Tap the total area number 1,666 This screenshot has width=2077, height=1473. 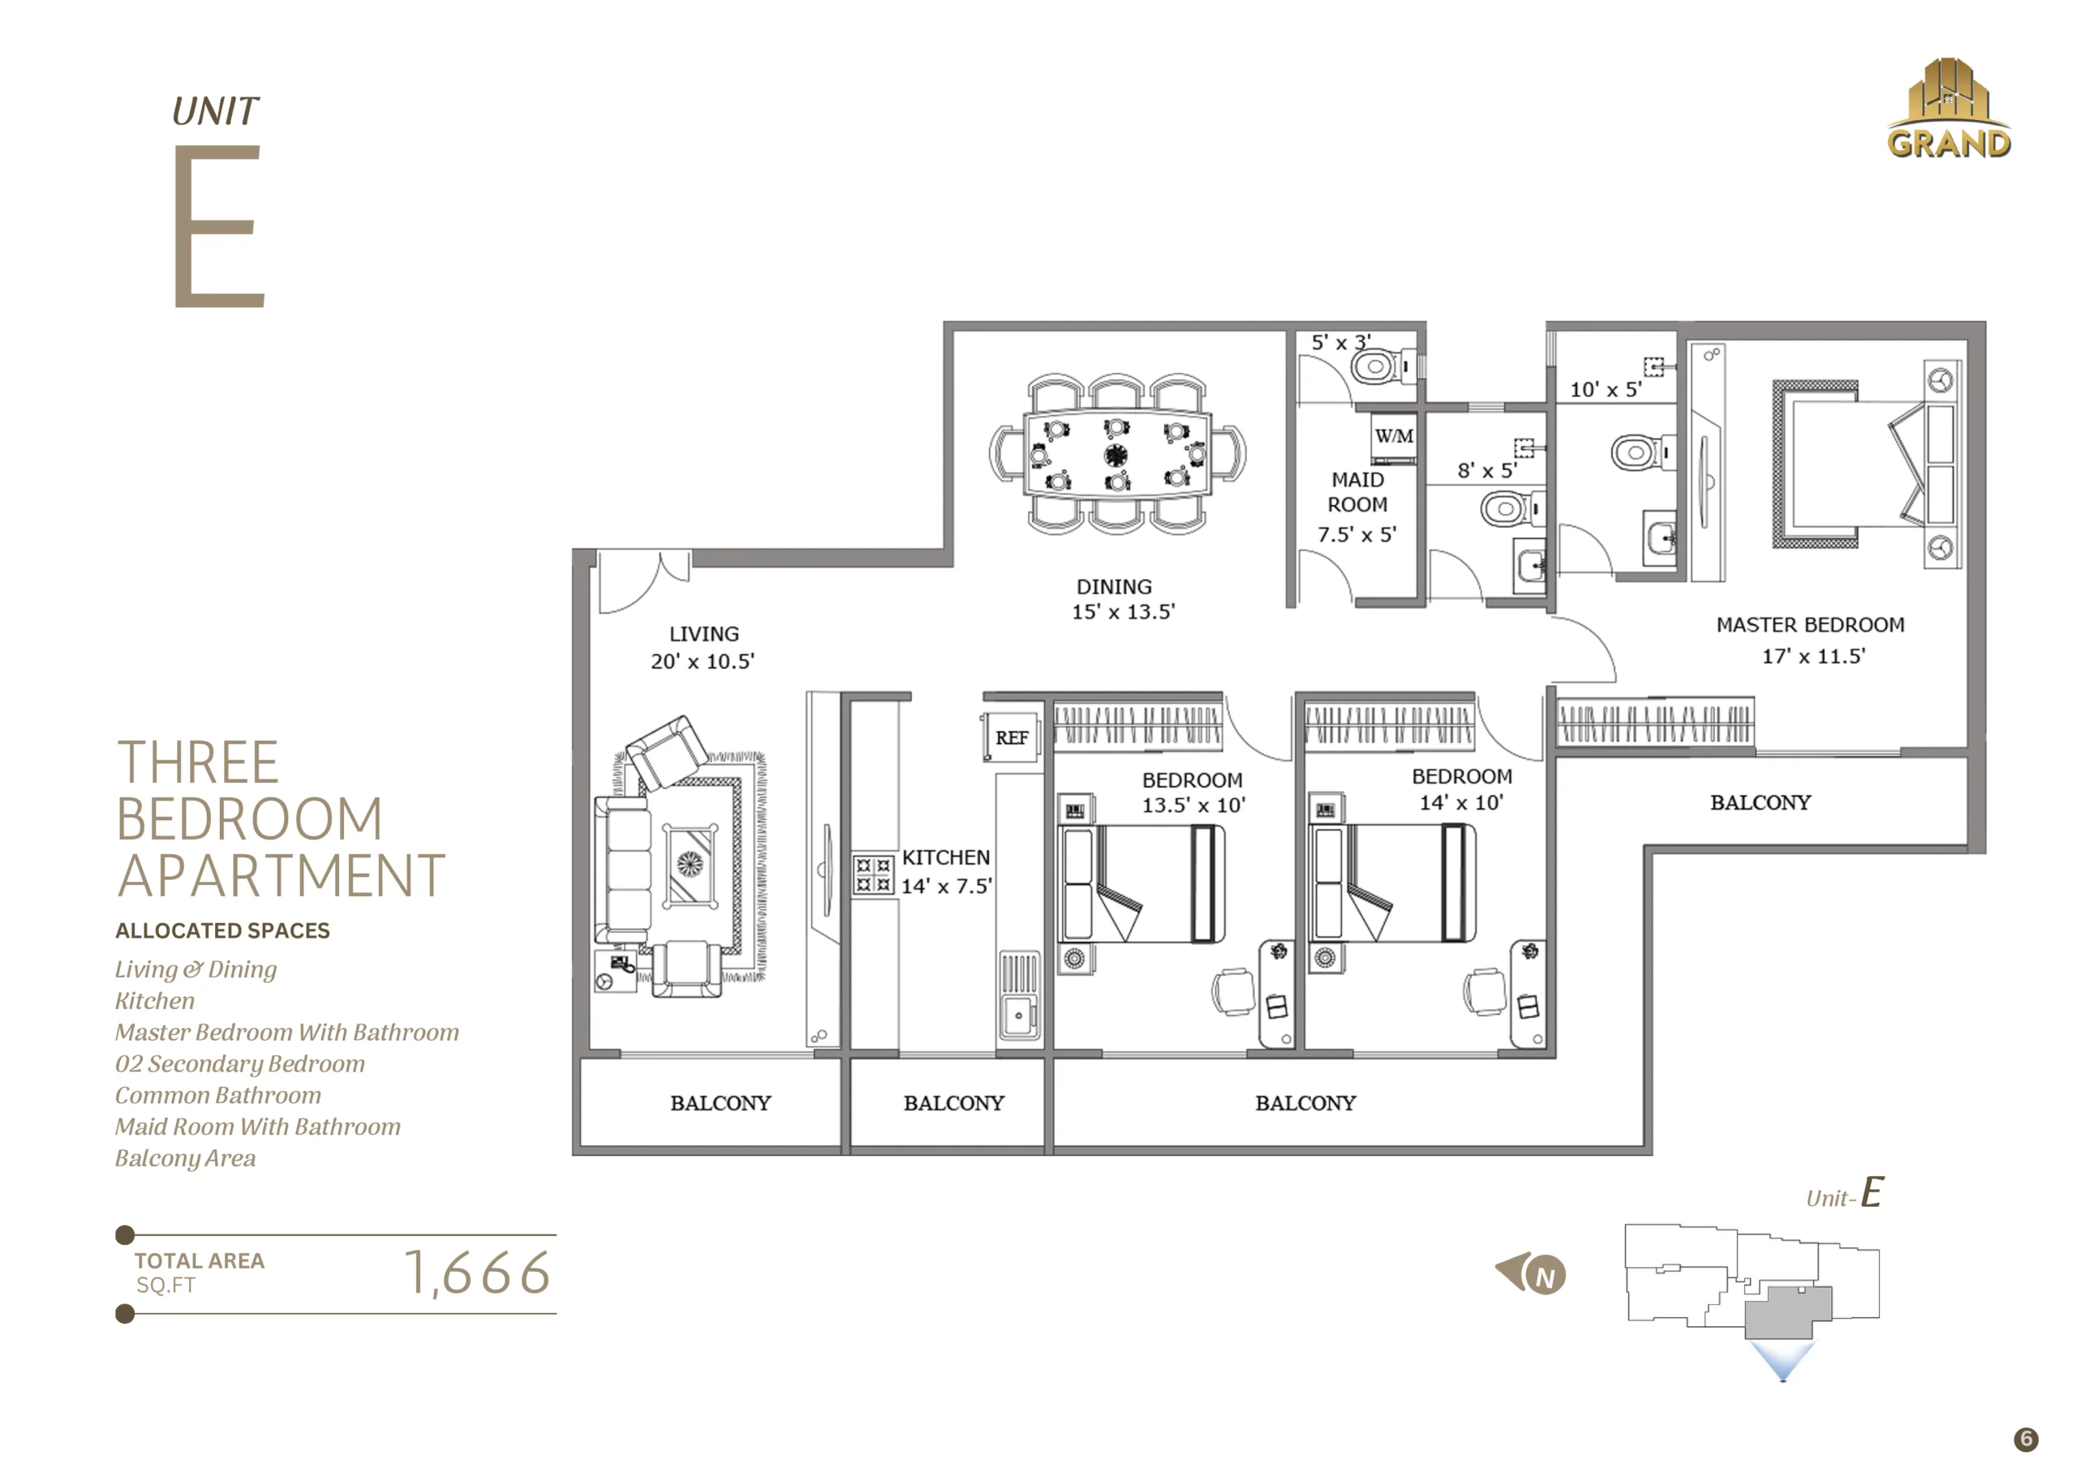(x=477, y=1273)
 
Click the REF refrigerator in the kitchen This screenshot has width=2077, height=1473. (x=1010, y=737)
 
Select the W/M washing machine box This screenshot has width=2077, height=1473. (x=1393, y=437)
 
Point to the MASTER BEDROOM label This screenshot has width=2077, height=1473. (x=1810, y=625)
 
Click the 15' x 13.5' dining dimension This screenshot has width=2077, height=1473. (x=1123, y=612)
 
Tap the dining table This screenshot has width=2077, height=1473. (x=1117, y=453)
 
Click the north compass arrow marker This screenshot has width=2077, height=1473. (x=1531, y=1273)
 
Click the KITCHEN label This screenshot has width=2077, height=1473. (x=946, y=857)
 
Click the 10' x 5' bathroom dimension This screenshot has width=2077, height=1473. (x=1606, y=390)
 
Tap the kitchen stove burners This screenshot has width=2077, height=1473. (x=872, y=874)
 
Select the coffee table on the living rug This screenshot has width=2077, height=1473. (x=690, y=865)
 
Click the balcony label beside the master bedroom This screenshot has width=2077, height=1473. (x=1761, y=803)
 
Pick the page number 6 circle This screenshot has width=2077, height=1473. (x=2026, y=1440)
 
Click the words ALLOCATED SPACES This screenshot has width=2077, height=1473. (x=222, y=930)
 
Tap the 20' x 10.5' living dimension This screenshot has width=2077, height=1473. (x=703, y=662)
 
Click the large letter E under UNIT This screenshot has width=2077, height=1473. (x=218, y=225)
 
